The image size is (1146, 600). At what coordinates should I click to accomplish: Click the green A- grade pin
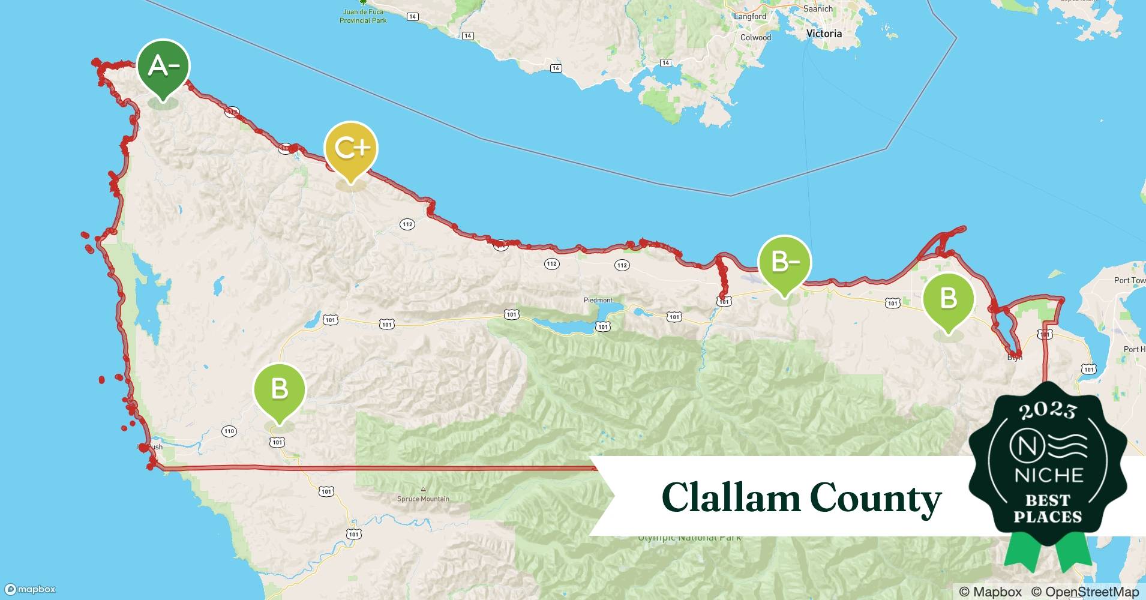point(163,67)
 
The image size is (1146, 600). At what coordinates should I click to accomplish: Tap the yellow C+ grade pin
point(350,149)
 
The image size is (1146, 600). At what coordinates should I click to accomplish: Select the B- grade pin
point(784,263)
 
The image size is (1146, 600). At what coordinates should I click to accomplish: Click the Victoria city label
point(824,34)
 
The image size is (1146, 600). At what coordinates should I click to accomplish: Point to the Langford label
point(750,16)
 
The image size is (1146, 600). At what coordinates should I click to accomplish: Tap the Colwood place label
point(755,37)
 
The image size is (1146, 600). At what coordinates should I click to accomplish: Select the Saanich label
point(818,8)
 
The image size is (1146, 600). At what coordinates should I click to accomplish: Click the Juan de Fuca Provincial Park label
point(363,16)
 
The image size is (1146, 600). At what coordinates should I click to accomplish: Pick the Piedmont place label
point(598,300)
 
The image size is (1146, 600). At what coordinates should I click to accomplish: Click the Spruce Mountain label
point(423,499)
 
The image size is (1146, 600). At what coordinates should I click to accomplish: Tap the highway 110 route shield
point(229,431)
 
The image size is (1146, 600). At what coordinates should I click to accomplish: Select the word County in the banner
point(875,499)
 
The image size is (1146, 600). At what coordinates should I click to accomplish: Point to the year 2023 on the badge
point(1048,410)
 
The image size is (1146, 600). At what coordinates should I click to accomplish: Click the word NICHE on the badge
point(1048,475)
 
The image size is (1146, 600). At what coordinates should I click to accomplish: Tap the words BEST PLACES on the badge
point(1048,508)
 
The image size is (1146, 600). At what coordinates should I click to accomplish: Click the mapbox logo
point(31,589)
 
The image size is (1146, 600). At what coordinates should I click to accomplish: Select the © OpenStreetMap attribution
point(1085,592)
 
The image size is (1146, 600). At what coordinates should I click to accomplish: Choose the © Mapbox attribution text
point(990,592)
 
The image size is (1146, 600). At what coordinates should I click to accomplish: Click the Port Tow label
point(1129,280)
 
